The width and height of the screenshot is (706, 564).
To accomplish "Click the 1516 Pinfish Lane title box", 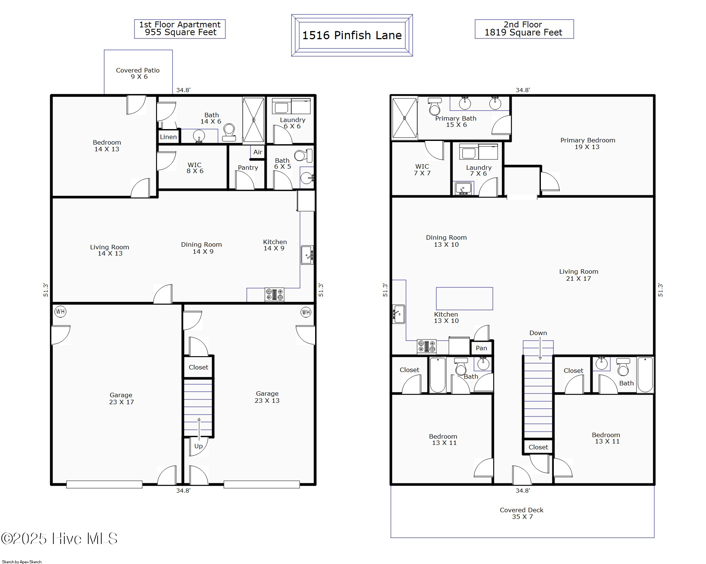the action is click(352, 36).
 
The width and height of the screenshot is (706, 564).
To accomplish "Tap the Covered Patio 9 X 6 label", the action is click(138, 73).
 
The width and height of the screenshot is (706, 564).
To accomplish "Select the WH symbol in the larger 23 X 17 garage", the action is click(60, 311).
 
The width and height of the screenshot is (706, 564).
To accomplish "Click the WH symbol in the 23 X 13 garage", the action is click(306, 312).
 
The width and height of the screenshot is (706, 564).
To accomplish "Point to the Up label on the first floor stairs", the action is click(198, 446).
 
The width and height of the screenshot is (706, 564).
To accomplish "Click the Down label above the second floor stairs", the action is click(538, 333).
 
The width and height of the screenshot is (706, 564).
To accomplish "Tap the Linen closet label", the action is click(168, 137).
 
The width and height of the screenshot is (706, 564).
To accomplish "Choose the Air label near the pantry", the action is click(258, 152).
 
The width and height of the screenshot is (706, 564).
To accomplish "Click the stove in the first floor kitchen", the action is click(274, 294).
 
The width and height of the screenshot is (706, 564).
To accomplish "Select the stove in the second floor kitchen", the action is click(427, 347).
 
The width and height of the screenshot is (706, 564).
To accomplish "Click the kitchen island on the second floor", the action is click(464, 298).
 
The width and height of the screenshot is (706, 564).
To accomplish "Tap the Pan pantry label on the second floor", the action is click(481, 348).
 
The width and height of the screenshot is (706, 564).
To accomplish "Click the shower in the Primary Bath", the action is click(405, 118).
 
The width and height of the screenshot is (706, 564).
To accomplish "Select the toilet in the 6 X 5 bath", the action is click(303, 156).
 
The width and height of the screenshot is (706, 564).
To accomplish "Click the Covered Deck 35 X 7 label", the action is click(522, 513).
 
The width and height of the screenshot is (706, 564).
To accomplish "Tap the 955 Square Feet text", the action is click(181, 33).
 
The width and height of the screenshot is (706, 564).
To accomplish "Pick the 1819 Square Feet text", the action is click(523, 33).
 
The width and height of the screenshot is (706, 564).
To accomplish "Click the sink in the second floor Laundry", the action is click(463, 188).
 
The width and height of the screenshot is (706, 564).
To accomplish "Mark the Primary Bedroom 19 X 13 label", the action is click(587, 143).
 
